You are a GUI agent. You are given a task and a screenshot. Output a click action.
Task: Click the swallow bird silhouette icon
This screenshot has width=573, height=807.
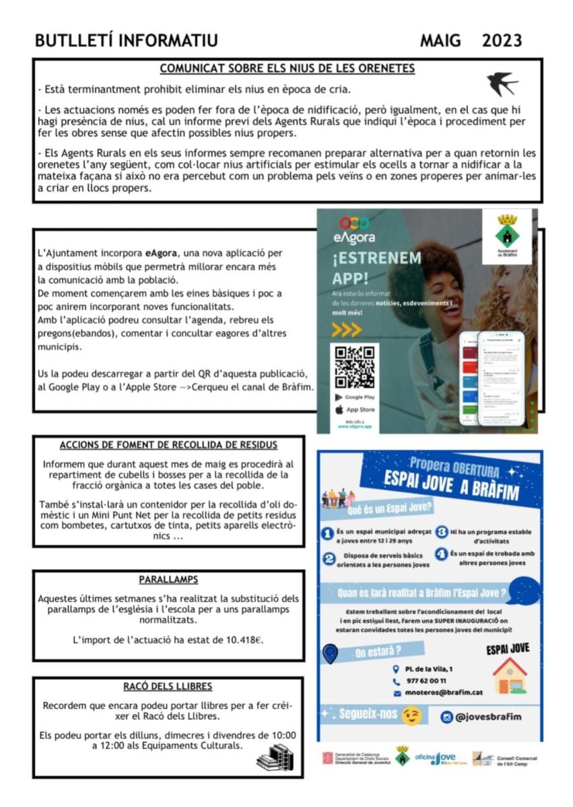pos(502,84)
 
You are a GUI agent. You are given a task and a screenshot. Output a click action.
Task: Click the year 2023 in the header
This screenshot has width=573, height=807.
pos(502,41)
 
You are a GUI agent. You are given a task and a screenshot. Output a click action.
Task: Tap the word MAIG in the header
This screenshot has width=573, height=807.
pos(440,41)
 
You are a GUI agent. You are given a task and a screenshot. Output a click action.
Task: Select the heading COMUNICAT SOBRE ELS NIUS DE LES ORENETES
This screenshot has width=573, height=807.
pos(287,69)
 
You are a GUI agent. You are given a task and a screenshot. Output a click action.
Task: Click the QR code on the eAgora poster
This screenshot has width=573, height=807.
pos(354,367)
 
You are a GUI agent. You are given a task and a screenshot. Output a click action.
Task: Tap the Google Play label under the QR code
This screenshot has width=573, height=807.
pos(359,397)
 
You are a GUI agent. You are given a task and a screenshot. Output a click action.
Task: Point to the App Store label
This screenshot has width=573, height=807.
pos(360,410)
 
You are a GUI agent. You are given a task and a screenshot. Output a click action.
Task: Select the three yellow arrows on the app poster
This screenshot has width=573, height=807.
pos(347,330)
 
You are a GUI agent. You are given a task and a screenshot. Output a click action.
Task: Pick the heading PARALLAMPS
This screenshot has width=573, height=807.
pos(168,580)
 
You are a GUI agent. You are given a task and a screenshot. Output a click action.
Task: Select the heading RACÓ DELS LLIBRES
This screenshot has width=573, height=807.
pos(168,687)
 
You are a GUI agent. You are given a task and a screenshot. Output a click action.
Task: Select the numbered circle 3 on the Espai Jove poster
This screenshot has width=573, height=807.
pos(442,532)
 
